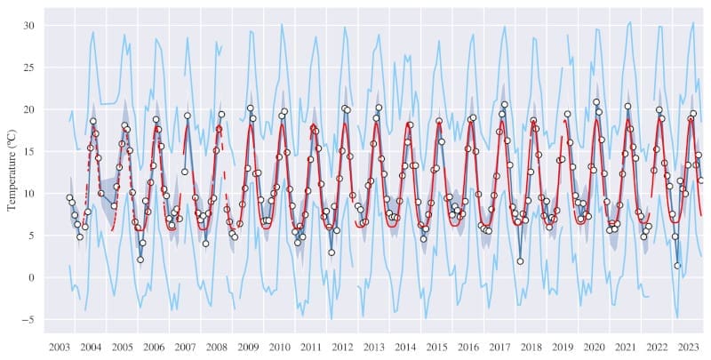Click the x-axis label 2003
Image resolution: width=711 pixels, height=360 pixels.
[60, 347]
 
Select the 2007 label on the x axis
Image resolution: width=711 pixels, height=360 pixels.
[186, 347]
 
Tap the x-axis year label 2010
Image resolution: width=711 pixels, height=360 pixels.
[280, 347]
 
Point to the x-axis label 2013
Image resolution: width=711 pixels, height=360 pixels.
[374, 347]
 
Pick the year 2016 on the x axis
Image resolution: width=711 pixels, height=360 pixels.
[468, 347]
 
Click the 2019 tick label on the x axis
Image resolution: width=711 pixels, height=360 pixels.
[563, 347]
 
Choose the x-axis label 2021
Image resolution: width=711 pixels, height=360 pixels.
[625, 347]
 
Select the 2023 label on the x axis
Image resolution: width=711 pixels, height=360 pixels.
[688, 347]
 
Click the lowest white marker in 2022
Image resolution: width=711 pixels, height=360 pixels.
[677, 266]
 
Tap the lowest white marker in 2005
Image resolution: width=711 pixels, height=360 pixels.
[140, 260]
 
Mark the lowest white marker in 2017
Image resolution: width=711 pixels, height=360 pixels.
[520, 261]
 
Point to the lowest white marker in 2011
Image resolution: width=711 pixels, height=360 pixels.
[332, 252]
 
